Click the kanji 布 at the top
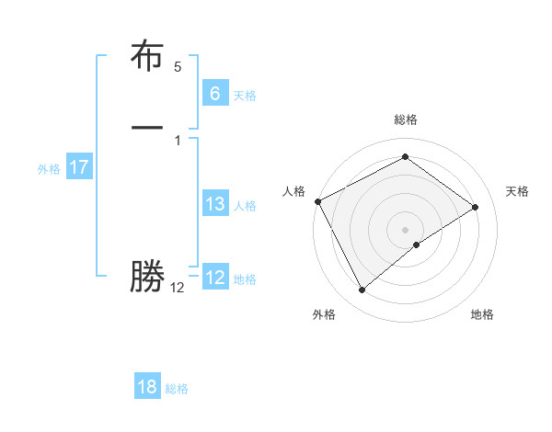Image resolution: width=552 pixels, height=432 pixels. click(147, 57)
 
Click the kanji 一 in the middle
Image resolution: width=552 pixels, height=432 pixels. click(147, 126)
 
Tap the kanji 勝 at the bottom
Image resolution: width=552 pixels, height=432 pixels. click(147, 277)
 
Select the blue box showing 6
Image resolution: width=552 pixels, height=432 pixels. click(214, 94)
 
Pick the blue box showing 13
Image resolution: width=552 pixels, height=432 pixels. click(214, 204)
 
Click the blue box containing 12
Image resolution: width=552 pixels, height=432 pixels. click(214, 278)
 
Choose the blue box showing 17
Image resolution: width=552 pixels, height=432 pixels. click(78, 167)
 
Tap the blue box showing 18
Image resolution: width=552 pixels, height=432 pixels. click(147, 387)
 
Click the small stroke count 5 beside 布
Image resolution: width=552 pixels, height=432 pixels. click(178, 67)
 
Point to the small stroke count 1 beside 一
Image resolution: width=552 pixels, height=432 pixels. click(178, 140)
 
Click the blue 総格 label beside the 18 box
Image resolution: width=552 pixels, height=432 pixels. click(177, 389)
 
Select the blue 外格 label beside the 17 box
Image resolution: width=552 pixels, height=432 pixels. click(49, 169)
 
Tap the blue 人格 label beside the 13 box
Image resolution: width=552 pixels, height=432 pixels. click(245, 206)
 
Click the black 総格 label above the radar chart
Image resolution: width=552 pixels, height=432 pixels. click(405, 119)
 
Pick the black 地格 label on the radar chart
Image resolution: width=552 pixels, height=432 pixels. click(482, 314)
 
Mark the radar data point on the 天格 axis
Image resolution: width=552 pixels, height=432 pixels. click(476, 207)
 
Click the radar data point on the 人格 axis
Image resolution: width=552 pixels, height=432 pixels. click(317, 201)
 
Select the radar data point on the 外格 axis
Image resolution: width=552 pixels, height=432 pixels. click(362, 290)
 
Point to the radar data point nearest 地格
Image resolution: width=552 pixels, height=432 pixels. click(417, 244)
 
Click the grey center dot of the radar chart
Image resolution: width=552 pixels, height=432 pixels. click(405, 229)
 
